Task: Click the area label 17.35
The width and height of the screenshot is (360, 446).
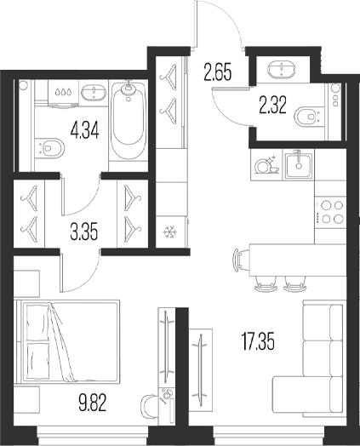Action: pyautogui.click(x=258, y=342)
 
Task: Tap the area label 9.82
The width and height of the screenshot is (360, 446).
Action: pyautogui.click(x=93, y=403)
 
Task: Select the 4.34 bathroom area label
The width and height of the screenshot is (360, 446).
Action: pyautogui.click(x=85, y=131)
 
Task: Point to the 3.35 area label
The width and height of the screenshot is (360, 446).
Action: pyautogui.click(x=84, y=232)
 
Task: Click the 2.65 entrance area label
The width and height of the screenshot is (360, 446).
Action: pyautogui.click(x=218, y=72)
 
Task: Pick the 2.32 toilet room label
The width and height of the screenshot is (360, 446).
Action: pyautogui.click(x=272, y=105)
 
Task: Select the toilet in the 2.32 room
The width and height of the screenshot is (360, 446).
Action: pyautogui.click(x=309, y=117)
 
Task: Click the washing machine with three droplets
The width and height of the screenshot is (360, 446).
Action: pyautogui.click(x=63, y=94)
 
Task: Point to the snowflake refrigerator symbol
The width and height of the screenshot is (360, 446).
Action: pyautogui.click(x=169, y=232)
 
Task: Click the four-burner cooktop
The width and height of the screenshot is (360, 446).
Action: pyautogui.click(x=330, y=212)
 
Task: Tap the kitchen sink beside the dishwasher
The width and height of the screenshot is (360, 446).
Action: pyautogui.click(x=299, y=164)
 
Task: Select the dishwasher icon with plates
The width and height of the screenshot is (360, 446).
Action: pyautogui.click(x=266, y=164)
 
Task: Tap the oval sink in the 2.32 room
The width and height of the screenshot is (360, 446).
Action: pyautogui.click(x=282, y=69)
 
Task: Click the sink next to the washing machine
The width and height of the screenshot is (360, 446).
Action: pyautogui.click(x=94, y=93)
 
